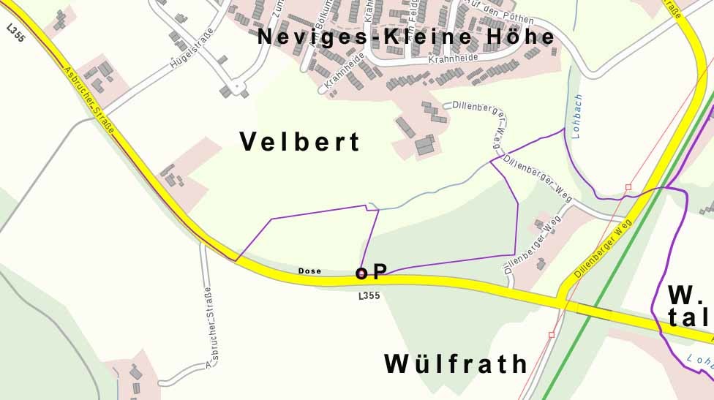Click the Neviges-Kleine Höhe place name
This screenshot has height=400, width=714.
[x=405, y=37]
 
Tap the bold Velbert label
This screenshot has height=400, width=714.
[x=300, y=142]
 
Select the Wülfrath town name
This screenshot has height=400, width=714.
[x=455, y=363]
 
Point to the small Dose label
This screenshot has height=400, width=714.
[x=309, y=271]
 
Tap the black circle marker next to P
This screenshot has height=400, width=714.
[x=361, y=273]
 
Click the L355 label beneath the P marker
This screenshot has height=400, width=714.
[x=369, y=296]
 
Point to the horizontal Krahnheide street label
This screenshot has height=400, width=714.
[x=453, y=57]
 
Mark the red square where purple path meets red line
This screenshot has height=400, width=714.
[x=628, y=187]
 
